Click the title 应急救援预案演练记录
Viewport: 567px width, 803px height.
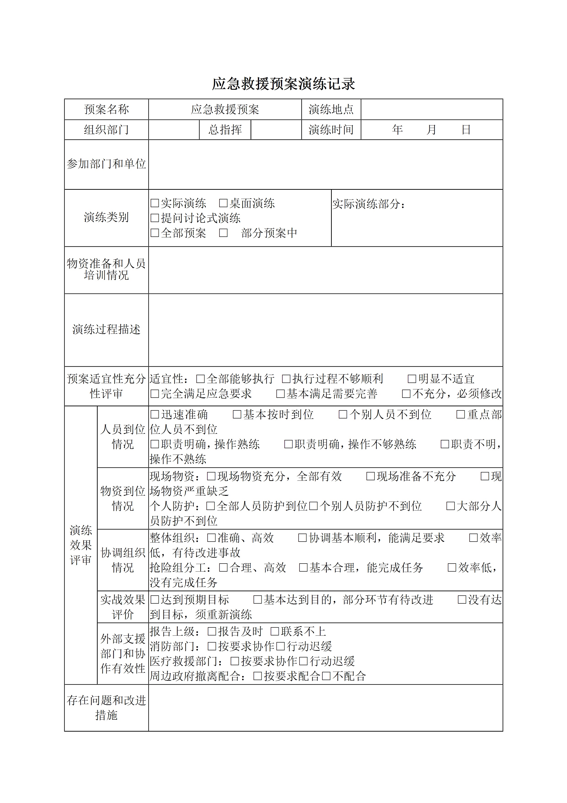click(x=283, y=84)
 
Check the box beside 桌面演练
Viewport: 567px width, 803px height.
click(x=223, y=203)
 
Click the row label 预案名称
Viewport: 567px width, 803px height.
click(x=106, y=109)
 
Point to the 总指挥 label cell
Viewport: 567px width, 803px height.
click(x=225, y=130)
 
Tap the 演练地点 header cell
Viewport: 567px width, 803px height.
click(x=331, y=109)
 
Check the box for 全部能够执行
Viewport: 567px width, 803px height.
click(x=201, y=379)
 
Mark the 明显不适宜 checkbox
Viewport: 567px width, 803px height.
click(x=412, y=379)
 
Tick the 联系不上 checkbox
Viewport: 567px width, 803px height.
click(x=275, y=631)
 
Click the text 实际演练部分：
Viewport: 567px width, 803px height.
click(x=369, y=204)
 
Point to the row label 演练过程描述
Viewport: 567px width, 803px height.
click(x=106, y=329)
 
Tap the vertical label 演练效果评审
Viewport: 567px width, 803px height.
click(x=81, y=545)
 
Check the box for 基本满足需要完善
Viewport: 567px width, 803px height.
click(x=281, y=394)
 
